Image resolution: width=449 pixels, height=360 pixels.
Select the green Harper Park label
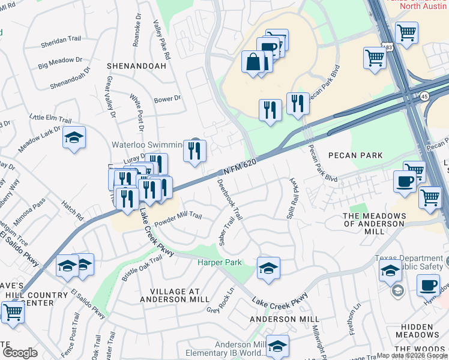(220, 262)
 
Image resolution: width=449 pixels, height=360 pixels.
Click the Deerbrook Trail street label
(230, 199)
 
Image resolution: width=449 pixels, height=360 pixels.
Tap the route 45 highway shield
(424, 97)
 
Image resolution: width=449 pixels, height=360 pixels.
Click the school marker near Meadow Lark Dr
(74, 138)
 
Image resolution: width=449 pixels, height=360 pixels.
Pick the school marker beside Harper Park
(268, 268)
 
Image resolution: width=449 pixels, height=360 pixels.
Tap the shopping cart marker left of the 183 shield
(375, 59)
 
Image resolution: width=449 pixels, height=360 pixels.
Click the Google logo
(20, 352)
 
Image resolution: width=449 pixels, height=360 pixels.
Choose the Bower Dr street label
(167, 99)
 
